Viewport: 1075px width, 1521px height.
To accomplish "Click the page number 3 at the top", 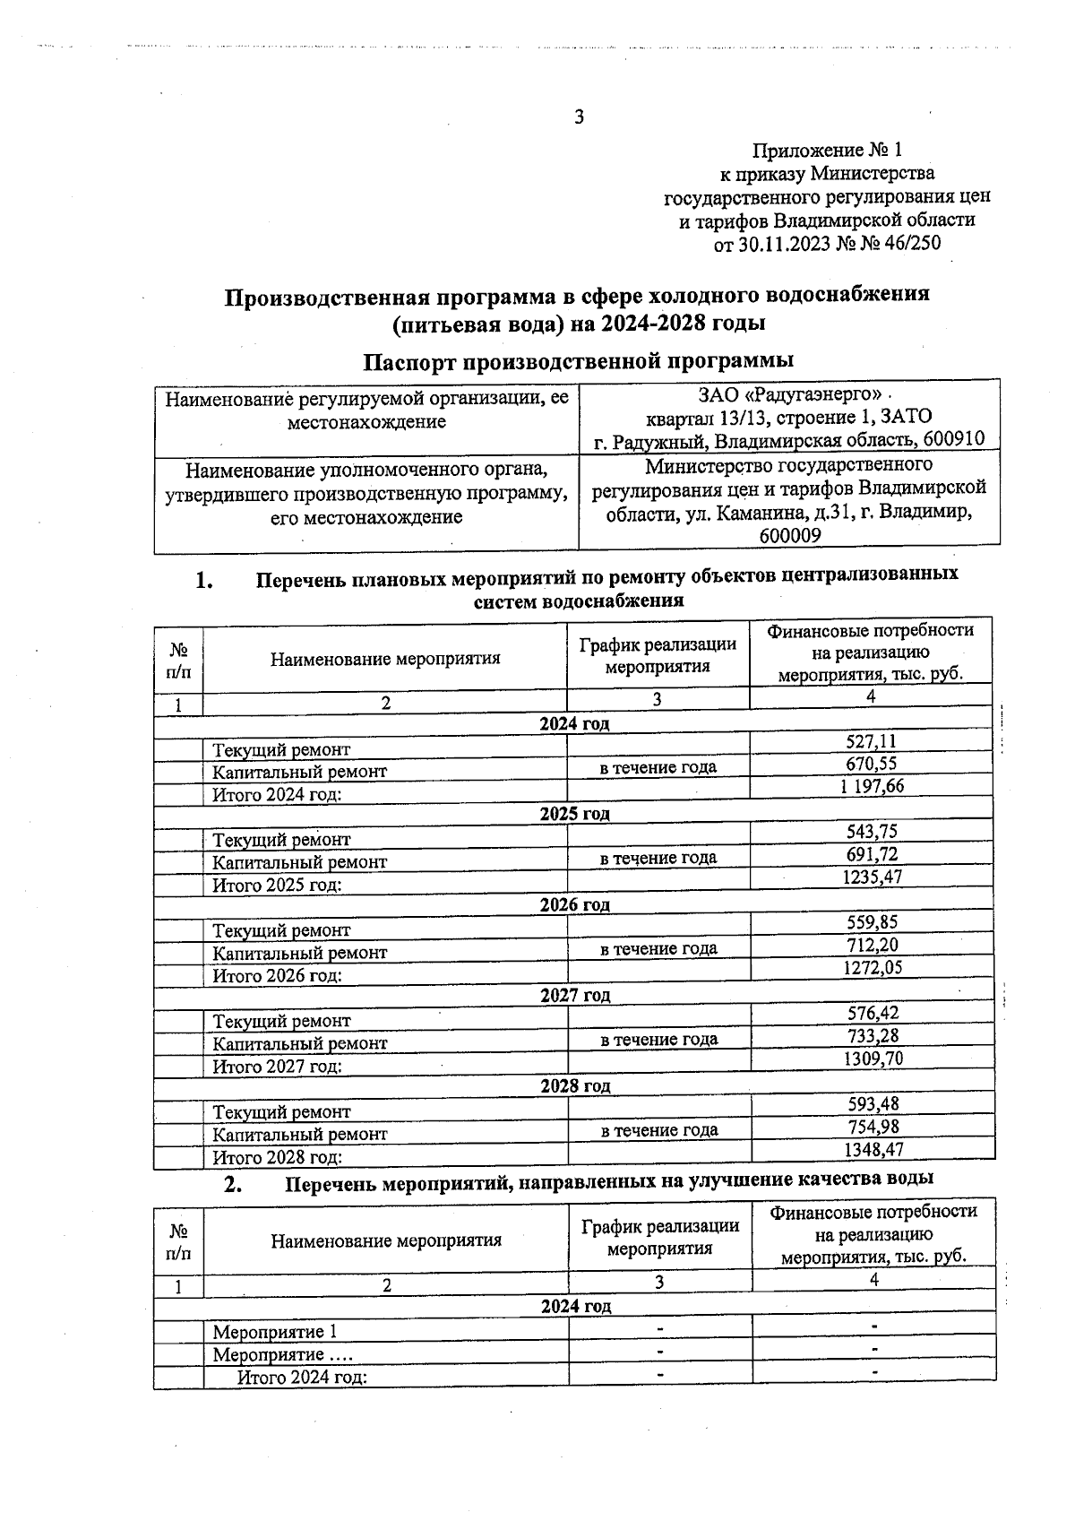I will pyautogui.click(x=579, y=117).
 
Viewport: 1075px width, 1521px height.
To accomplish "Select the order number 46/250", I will pyautogui.click(x=910, y=243).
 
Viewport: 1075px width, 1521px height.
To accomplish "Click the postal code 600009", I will pyautogui.click(x=790, y=536).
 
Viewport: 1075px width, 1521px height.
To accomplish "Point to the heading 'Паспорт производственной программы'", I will pyautogui.click(x=578, y=361).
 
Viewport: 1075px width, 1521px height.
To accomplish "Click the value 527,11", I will pyautogui.click(x=871, y=741).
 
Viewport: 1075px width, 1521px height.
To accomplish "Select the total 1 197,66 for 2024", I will pyautogui.click(x=872, y=786).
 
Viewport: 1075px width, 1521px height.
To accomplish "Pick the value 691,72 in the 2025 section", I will pyautogui.click(x=872, y=854).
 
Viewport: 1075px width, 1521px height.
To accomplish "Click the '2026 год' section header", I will pyautogui.click(x=574, y=904).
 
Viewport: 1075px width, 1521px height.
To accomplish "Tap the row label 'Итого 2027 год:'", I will pyautogui.click(x=277, y=1067).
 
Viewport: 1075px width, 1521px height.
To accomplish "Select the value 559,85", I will pyautogui.click(x=872, y=922).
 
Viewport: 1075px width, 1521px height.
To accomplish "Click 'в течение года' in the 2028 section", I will pyautogui.click(x=659, y=1130).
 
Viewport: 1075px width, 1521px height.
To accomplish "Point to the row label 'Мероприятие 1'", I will pyautogui.click(x=275, y=1332).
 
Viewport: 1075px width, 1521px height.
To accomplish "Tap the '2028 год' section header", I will pyautogui.click(x=575, y=1085).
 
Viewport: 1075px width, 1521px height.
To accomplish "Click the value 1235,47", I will pyautogui.click(x=872, y=877).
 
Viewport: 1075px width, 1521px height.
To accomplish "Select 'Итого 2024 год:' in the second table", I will pyautogui.click(x=302, y=1378).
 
